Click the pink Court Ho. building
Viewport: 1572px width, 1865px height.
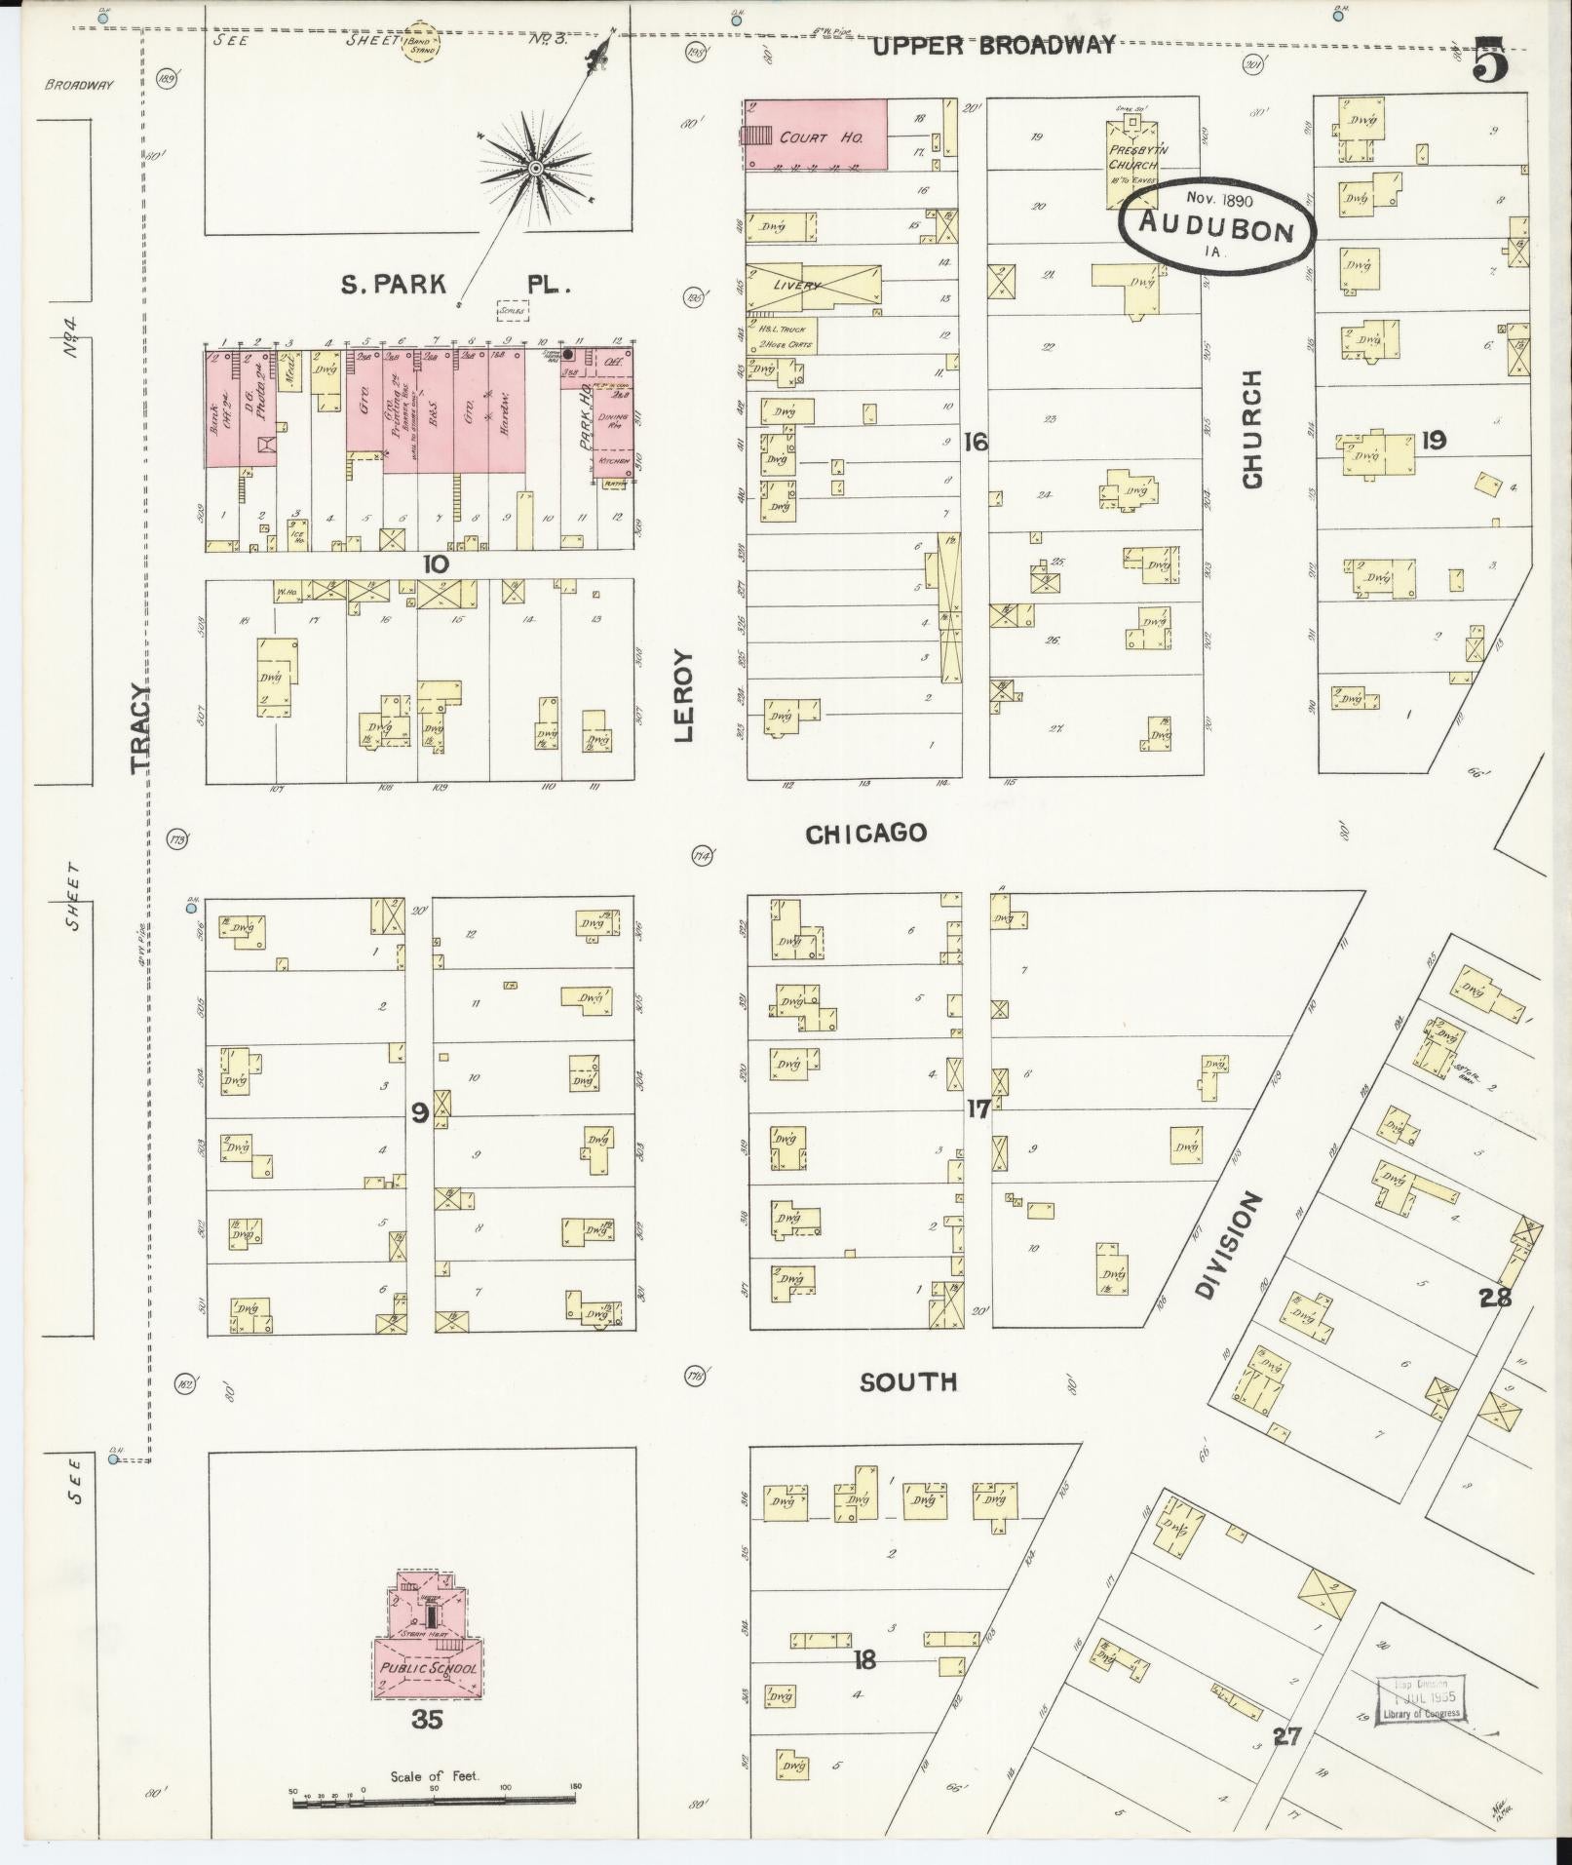[819, 135]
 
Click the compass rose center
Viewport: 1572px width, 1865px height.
[535, 169]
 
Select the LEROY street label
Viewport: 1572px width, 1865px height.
[685, 696]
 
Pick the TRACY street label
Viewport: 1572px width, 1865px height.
[142, 729]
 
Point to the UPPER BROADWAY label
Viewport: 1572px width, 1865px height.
[992, 46]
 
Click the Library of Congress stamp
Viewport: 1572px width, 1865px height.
[1420, 1701]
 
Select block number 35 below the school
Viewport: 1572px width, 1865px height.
[427, 1719]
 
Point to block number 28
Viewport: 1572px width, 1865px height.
[1495, 1298]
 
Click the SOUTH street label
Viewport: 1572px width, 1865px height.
[907, 1381]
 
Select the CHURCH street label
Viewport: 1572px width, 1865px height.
[1251, 429]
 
